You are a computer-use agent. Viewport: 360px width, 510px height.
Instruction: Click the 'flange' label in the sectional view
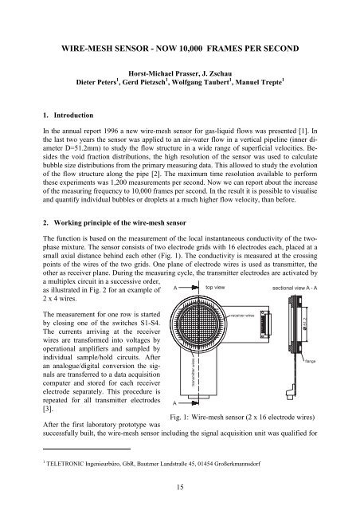(x=311, y=362)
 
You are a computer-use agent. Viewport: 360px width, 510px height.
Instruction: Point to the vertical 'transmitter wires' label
(x=191, y=371)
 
